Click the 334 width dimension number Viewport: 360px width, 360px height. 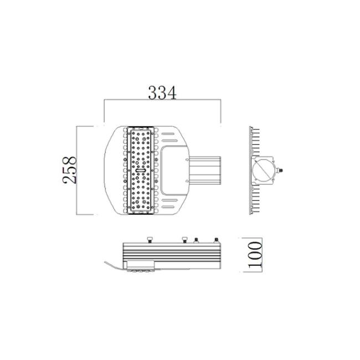coord(162,92)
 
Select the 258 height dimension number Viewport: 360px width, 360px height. coord(69,170)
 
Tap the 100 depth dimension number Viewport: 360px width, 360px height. coord(255,255)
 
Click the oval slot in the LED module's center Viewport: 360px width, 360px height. coord(140,171)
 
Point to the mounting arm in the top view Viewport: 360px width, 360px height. coord(205,171)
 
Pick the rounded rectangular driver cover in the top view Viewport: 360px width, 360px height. coord(174,170)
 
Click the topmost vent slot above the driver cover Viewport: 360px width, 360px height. coord(169,133)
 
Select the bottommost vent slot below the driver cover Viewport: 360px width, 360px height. coord(168,207)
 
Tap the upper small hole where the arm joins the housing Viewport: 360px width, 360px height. coord(187,160)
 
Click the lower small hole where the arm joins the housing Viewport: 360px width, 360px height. coord(187,181)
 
